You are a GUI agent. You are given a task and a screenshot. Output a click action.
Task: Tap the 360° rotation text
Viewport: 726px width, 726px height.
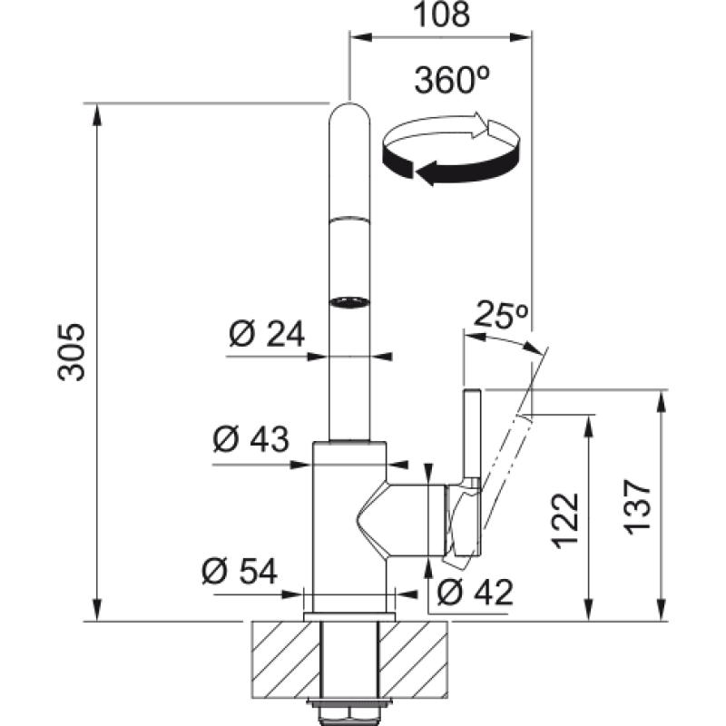(452, 80)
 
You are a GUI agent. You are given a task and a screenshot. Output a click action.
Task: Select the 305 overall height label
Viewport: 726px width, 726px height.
(72, 352)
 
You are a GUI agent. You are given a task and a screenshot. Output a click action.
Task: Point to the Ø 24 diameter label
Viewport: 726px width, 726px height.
(267, 333)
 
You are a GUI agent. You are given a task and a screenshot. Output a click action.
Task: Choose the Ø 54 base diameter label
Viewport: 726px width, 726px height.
(240, 571)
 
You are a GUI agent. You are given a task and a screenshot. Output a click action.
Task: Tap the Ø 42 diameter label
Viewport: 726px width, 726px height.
(475, 592)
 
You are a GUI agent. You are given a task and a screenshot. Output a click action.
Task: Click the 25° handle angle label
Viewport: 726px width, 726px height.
(501, 315)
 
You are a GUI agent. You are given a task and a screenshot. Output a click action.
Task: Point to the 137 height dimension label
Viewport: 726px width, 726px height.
(639, 507)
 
